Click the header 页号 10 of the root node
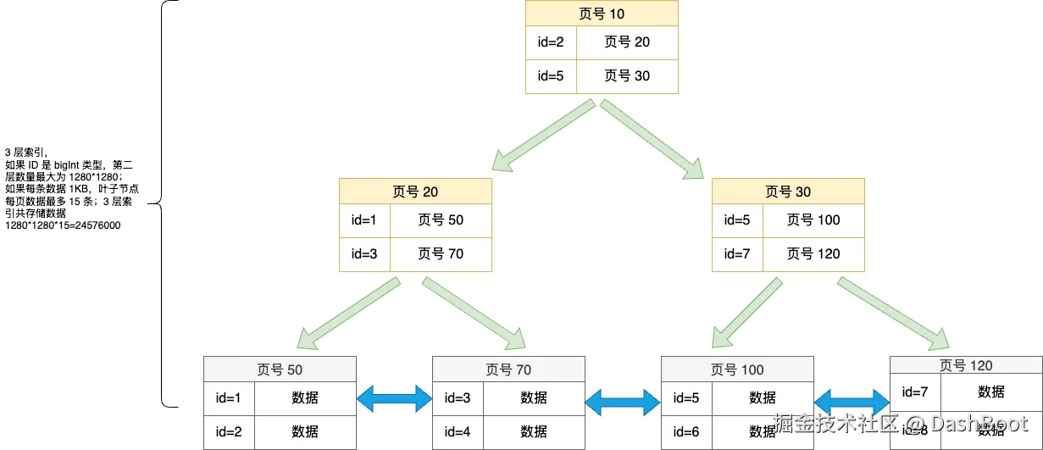click(x=602, y=14)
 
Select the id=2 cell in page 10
click(x=551, y=42)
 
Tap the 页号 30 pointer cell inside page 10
click(x=627, y=75)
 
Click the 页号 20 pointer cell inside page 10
click(x=627, y=42)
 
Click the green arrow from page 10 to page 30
click(x=652, y=138)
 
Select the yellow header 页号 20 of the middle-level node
click(x=415, y=192)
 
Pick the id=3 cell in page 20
click(x=364, y=253)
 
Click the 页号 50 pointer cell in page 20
click(x=441, y=220)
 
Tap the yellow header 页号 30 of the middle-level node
click(x=788, y=192)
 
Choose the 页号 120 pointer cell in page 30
click(x=813, y=253)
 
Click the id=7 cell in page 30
click(x=737, y=253)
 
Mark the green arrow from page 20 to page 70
click(x=476, y=314)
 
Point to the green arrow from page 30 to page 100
click(x=746, y=314)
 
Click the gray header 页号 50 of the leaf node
click(x=280, y=369)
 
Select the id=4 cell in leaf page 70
click(x=458, y=431)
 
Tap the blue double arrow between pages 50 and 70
click(x=394, y=398)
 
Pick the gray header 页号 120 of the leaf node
click(x=966, y=365)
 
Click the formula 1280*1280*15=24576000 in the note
click(x=63, y=226)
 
